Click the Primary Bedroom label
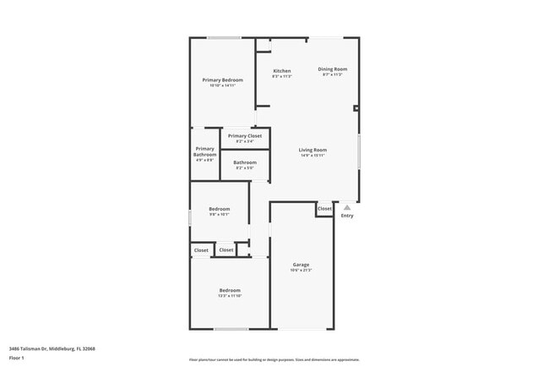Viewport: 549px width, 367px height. pos(222,79)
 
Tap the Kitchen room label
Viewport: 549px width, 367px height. pos(281,70)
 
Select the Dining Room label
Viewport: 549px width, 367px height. pos(332,68)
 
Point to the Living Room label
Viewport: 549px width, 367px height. pos(313,150)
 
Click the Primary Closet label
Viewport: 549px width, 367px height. pos(245,135)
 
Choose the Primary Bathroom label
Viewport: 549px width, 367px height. pos(205,152)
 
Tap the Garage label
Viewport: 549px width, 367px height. pos(302,264)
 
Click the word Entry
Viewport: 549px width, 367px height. pos(347,216)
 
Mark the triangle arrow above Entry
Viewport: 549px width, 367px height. pos(347,207)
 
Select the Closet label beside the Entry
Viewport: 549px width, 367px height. pos(325,208)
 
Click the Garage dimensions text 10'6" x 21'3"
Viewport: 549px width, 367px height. pos(302,271)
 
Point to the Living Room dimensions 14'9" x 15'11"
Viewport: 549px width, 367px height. pos(313,156)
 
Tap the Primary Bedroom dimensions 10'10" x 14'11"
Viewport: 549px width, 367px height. pos(222,85)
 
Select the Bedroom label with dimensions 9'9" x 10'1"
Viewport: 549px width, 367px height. pos(219,209)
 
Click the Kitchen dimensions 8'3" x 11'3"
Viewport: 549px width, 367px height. pos(281,76)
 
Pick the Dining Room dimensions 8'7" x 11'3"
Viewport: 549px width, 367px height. pos(332,74)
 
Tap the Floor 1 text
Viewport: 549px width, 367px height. pos(18,359)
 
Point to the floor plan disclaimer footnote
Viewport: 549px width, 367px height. pos(274,359)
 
